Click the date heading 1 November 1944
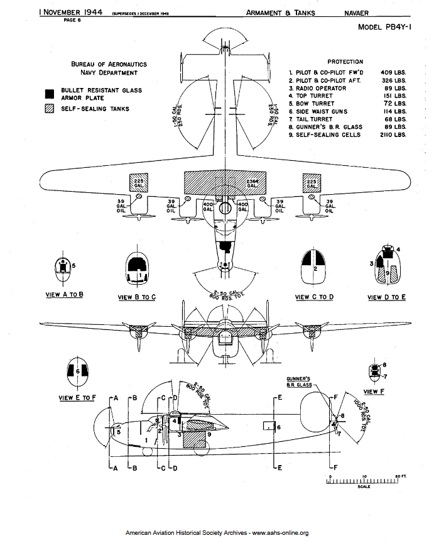(70, 12)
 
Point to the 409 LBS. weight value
(394, 73)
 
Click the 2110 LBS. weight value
(393, 134)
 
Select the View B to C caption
(137, 297)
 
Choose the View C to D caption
(314, 297)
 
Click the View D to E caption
(386, 297)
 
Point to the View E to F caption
(77, 397)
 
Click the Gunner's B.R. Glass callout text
(297, 381)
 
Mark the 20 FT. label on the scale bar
(401, 476)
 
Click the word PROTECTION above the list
(345, 62)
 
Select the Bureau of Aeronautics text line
(109, 64)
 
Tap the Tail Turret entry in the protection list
(314, 119)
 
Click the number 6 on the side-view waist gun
(279, 427)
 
